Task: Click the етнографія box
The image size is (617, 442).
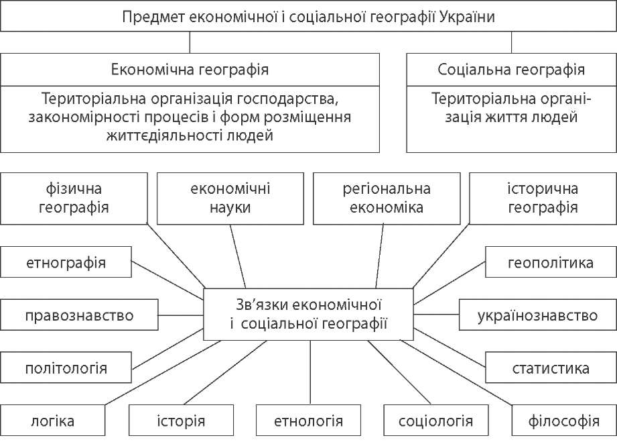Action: coord(66,262)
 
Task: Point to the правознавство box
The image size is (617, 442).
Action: coord(80,315)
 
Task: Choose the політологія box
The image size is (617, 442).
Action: coord(66,368)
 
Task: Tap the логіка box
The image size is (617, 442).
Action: coord(52,421)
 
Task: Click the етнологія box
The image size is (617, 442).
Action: coord(309,421)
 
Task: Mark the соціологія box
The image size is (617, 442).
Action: coord(435,421)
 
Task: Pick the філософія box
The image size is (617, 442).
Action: coord(563,421)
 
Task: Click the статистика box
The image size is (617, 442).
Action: coord(550,368)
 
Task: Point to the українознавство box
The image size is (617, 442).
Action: coord(537,315)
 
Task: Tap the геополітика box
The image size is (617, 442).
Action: coord(550,262)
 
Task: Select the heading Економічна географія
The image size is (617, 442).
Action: coord(190,69)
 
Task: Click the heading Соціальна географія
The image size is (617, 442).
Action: coord(511,69)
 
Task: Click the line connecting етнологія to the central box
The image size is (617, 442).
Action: coord(310,372)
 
